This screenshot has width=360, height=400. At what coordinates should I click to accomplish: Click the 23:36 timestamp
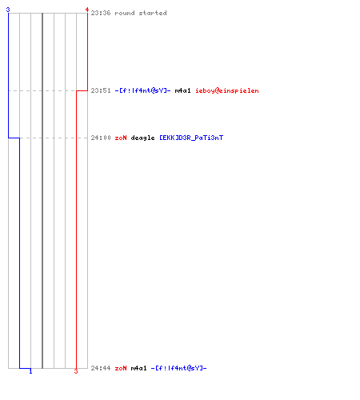tap(101, 13)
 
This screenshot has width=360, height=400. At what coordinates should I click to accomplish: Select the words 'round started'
tap(141, 13)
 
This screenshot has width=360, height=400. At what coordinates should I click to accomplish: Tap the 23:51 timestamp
tap(101, 90)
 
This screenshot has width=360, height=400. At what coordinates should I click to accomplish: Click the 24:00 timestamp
tap(101, 138)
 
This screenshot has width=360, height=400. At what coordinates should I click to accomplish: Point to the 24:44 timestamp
tap(101, 368)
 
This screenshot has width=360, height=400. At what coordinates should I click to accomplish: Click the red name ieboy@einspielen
tap(227, 90)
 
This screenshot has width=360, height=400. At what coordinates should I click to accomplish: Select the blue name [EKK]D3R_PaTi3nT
tap(191, 138)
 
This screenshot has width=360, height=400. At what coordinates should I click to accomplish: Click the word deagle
tap(142, 138)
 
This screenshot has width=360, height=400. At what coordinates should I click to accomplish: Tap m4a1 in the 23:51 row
tap(182, 90)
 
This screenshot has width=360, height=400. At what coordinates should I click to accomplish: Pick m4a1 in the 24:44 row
tap(138, 368)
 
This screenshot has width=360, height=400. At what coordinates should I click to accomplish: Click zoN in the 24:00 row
tap(121, 138)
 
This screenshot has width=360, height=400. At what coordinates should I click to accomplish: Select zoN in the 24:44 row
tap(121, 368)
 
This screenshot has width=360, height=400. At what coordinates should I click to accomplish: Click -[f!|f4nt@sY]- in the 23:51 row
tap(142, 90)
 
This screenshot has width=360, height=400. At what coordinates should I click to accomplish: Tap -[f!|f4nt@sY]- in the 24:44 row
tap(178, 368)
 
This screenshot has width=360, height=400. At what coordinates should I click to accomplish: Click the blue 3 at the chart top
tap(8, 10)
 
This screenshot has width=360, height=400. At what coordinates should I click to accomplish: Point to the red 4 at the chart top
tap(87, 10)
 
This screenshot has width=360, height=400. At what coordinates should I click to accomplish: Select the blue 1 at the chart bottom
tap(30, 371)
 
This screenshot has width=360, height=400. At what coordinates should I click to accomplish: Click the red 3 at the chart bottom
tap(76, 371)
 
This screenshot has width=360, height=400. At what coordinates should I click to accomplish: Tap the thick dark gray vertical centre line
tap(42, 190)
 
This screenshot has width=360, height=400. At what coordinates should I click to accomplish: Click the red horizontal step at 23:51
tap(82, 90)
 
